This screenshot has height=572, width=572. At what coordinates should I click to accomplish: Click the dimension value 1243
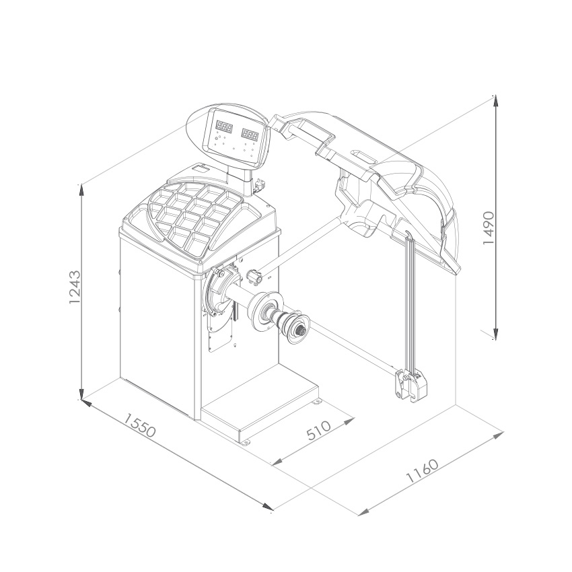pos(74,287)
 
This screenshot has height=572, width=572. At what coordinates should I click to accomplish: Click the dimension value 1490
pos(488,227)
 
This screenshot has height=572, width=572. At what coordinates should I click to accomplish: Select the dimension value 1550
pos(140,425)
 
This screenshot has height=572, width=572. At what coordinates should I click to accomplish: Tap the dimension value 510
pos(318,431)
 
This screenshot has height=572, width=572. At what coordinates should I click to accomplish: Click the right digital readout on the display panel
pos(250,134)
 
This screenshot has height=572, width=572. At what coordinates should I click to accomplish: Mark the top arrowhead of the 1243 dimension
pos(82,190)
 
